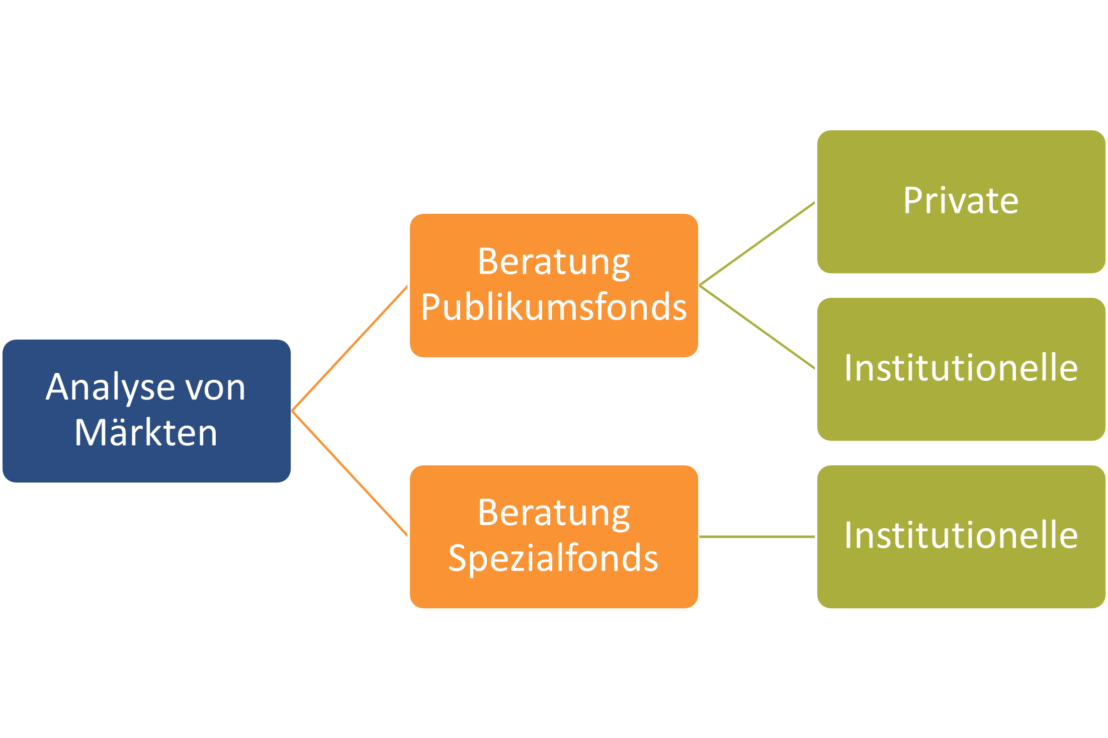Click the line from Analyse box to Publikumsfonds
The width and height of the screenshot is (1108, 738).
(x=350, y=348)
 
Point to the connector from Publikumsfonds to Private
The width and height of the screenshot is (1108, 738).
(x=757, y=244)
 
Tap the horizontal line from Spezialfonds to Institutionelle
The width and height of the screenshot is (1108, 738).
(x=757, y=537)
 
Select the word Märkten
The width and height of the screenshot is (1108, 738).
(x=146, y=433)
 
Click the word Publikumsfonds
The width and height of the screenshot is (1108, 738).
(x=553, y=307)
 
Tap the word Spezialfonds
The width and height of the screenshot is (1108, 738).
(x=553, y=558)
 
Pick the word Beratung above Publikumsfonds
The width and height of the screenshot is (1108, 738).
(x=553, y=262)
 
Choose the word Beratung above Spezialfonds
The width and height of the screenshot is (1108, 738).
(x=553, y=514)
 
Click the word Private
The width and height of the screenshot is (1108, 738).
(x=961, y=201)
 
